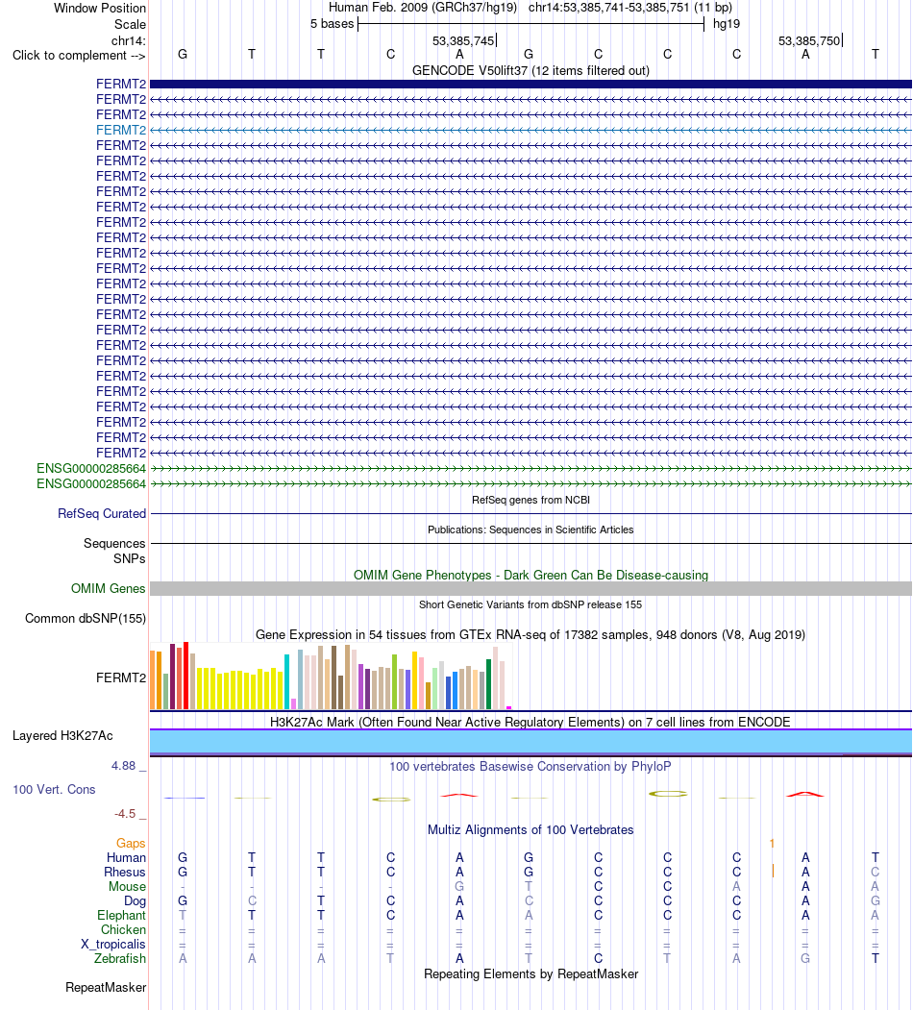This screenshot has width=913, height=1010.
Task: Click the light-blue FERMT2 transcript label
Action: pos(121,130)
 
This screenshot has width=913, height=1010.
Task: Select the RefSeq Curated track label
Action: pos(102,513)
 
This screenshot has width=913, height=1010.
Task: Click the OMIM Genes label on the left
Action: pos(109,588)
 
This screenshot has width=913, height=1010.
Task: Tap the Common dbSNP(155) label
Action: pos(86,618)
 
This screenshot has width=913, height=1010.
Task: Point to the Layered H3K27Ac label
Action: pos(62,735)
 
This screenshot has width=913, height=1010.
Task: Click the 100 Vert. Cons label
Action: pos(54,789)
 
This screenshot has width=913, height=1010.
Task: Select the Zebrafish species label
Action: pos(120,958)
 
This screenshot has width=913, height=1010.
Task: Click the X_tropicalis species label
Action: pos(113,945)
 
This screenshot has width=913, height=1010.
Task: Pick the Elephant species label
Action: pos(122,915)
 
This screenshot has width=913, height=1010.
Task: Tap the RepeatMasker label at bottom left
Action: pos(106,988)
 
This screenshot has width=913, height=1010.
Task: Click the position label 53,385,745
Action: pos(463,40)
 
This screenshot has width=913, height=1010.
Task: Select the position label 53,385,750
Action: pos(809,40)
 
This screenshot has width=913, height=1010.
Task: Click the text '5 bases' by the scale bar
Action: pos(332,24)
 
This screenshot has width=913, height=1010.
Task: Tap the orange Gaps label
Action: pos(131,843)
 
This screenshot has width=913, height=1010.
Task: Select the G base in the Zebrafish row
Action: pos(805,958)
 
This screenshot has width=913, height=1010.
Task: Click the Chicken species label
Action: pos(123,929)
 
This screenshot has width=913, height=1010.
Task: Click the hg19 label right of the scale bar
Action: pos(727,24)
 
